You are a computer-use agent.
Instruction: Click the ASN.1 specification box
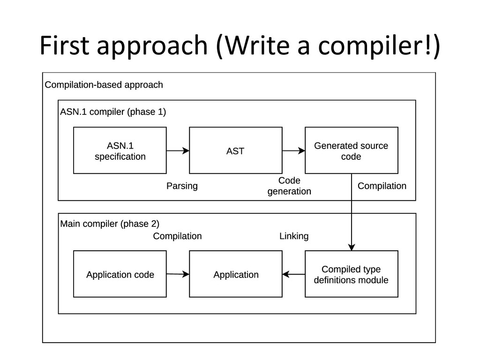tap(120, 150)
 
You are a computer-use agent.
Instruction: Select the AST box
tap(236, 150)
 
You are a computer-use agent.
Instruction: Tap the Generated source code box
tap(352, 150)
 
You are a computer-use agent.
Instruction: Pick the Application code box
tap(120, 274)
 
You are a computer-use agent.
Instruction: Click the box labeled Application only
tap(236, 274)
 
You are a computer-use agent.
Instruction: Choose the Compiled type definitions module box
tap(352, 274)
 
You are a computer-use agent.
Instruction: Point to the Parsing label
tap(182, 186)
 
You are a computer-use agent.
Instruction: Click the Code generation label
tap(289, 186)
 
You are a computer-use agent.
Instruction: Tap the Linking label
tap(294, 236)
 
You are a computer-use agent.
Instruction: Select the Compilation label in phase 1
tap(382, 186)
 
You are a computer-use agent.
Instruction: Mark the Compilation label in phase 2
tap(177, 236)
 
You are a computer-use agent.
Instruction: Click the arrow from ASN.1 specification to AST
tap(178, 150)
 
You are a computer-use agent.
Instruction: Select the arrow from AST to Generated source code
tap(293, 150)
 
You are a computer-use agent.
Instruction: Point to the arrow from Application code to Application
tap(178, 274)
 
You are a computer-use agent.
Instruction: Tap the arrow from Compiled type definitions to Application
tap(293, 274)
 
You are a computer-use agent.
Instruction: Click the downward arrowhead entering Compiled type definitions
tap(352, 247)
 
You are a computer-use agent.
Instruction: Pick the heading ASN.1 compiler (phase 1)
tap(113, 112)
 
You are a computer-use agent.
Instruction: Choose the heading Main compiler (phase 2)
tap(110, 224)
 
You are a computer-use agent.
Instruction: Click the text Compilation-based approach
tap(104, 85)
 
